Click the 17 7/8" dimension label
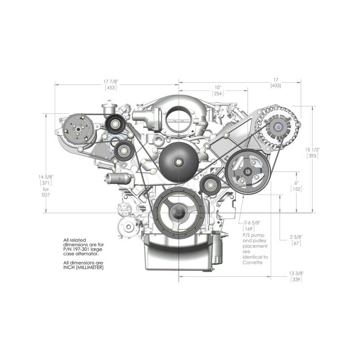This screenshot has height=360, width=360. pyautogui.click(x=111, y=81)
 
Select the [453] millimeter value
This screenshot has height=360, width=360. pyautogui.click(x=111, y=87)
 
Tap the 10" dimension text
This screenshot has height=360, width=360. pyautogui.click(x=218, y=87)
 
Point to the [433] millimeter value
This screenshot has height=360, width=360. pyautogui.click(x=276, y=85)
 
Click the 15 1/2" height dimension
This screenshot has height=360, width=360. pyautogui.click(x=312, y=150)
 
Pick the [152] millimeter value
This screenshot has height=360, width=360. pyautogui.click(x=296, y=189)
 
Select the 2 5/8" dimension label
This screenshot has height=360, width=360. pyautogui.click(x=296, y=237)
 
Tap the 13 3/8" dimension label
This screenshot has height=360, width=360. pyautogui.click(x=296, y=273)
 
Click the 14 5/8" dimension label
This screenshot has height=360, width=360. pyautogui.click(x=46, y=177)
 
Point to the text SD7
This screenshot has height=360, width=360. pyautogui.click(x=46, y=195)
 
